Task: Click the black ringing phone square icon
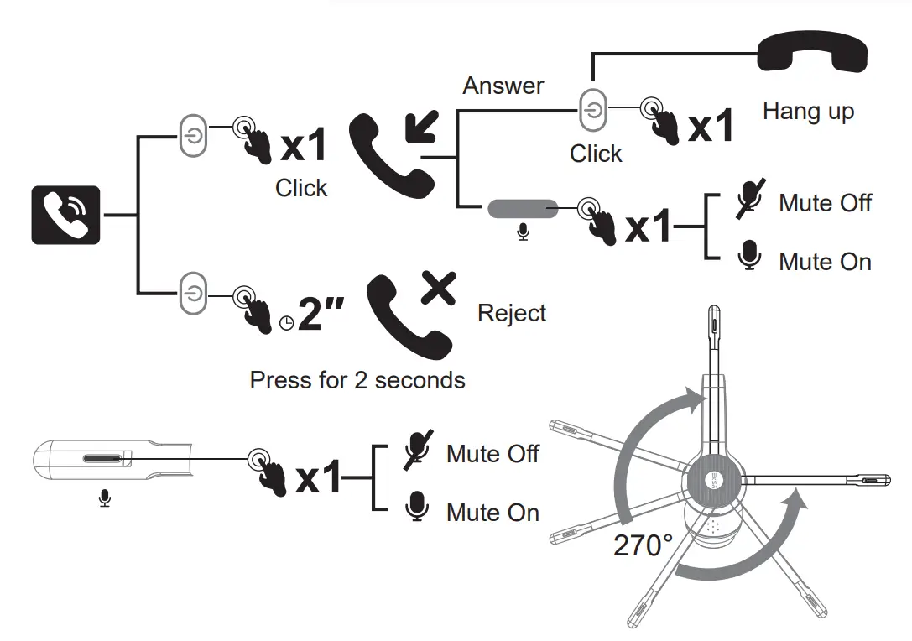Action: pyautogui.click(x=65, y=215)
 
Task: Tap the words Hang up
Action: pyautogui.click(x=808, y=111)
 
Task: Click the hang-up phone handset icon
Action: pyautogui.click(x=811, y=54)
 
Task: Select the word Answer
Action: pyautogui.click(x=503, y=86)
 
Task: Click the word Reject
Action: pyautogui.click(x=512, y=313)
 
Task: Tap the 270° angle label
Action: pyautogui.click(x=644, y=545)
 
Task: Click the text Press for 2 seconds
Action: pyautogui.click(x=357, y=380)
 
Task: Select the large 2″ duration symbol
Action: pyautogui.click(x=322, y=316)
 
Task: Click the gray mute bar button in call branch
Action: pyautogui.click(x=523, y=208)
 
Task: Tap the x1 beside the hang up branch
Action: pyautogui.click(x=711, y=127)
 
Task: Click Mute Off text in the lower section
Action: pyautogui.click(x=492, y=454)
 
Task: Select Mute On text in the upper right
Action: pyautogui.click(x=825, y=262)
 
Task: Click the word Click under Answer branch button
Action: pyautogui.click(x=596, y=154)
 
